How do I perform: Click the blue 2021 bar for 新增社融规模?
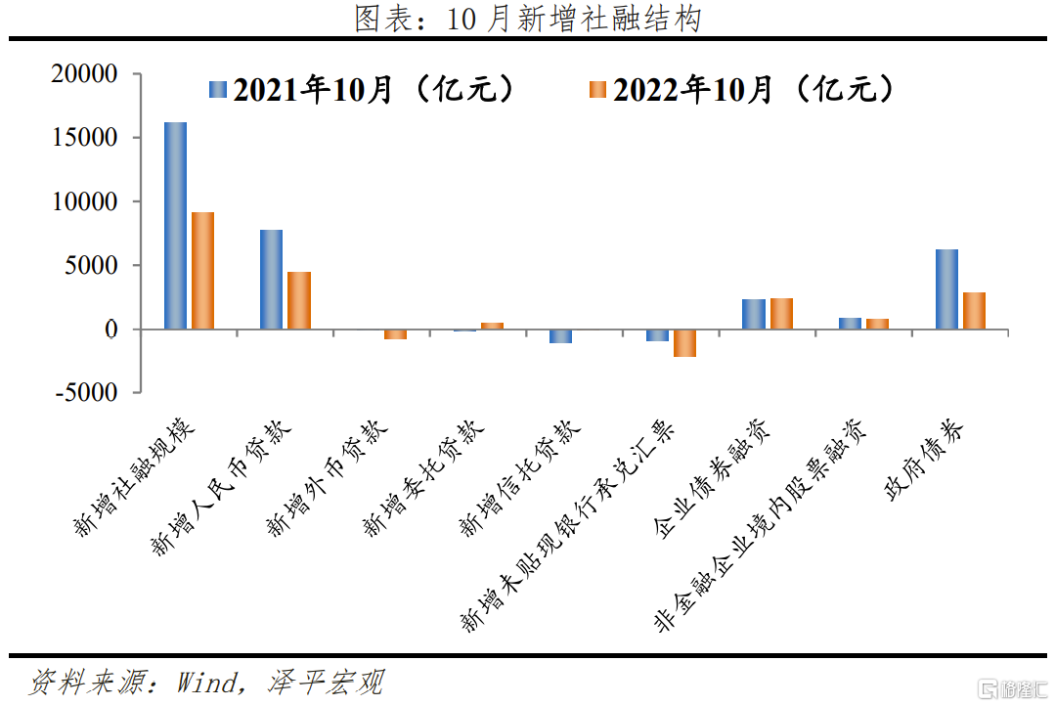(175, 226)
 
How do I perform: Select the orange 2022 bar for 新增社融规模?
(202, 271)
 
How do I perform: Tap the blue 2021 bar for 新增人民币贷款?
(271, 280)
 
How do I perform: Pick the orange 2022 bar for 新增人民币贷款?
(299, 300)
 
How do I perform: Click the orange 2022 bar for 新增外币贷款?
(395, 334)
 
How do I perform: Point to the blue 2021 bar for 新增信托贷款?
(560, 336)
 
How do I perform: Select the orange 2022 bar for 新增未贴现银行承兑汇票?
(684, 343)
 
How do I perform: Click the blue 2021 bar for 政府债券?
(946, 289)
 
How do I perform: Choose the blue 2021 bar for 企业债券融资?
(753, 314)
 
